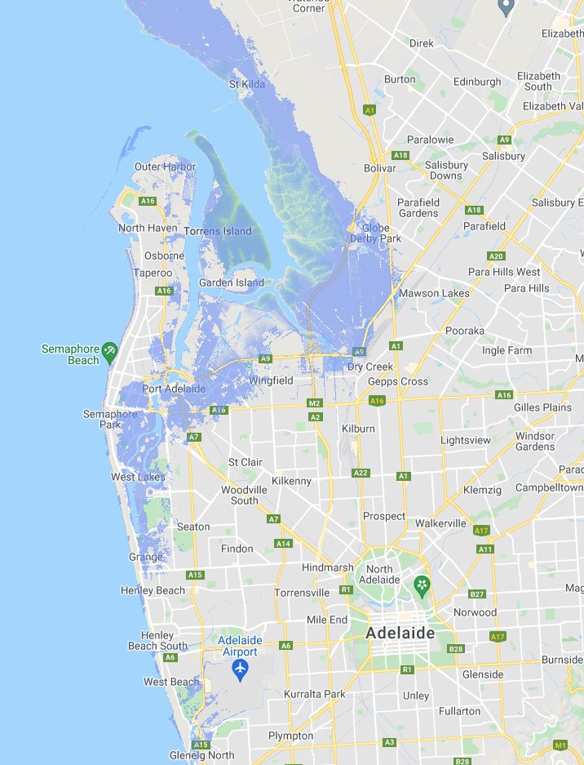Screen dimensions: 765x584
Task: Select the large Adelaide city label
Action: tap(400, 633)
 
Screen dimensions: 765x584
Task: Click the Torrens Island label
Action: tap(218, 231)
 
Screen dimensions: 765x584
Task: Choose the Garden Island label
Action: tap(232, 282)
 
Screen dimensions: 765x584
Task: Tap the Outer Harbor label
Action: tap(166, 167)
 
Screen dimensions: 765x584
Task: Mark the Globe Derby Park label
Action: tap(376, 233)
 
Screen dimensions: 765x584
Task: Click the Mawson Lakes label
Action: tap(434, 293)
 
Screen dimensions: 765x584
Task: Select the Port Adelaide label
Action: tap(174, 389)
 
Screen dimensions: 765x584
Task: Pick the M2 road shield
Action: tap(315, 403)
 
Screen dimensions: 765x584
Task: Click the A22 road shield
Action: tap(361, 473)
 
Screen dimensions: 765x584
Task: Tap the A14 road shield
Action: tap(283, 543)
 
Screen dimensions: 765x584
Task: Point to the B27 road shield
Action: tap(477, 594)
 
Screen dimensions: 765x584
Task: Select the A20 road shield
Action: tap(495, 256)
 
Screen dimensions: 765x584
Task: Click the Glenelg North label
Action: tap(201, 755)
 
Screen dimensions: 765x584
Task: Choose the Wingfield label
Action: tap(271, 380)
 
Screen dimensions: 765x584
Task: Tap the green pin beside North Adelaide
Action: tap(422, 585)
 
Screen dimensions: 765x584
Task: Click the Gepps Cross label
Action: tap(398, 381)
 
